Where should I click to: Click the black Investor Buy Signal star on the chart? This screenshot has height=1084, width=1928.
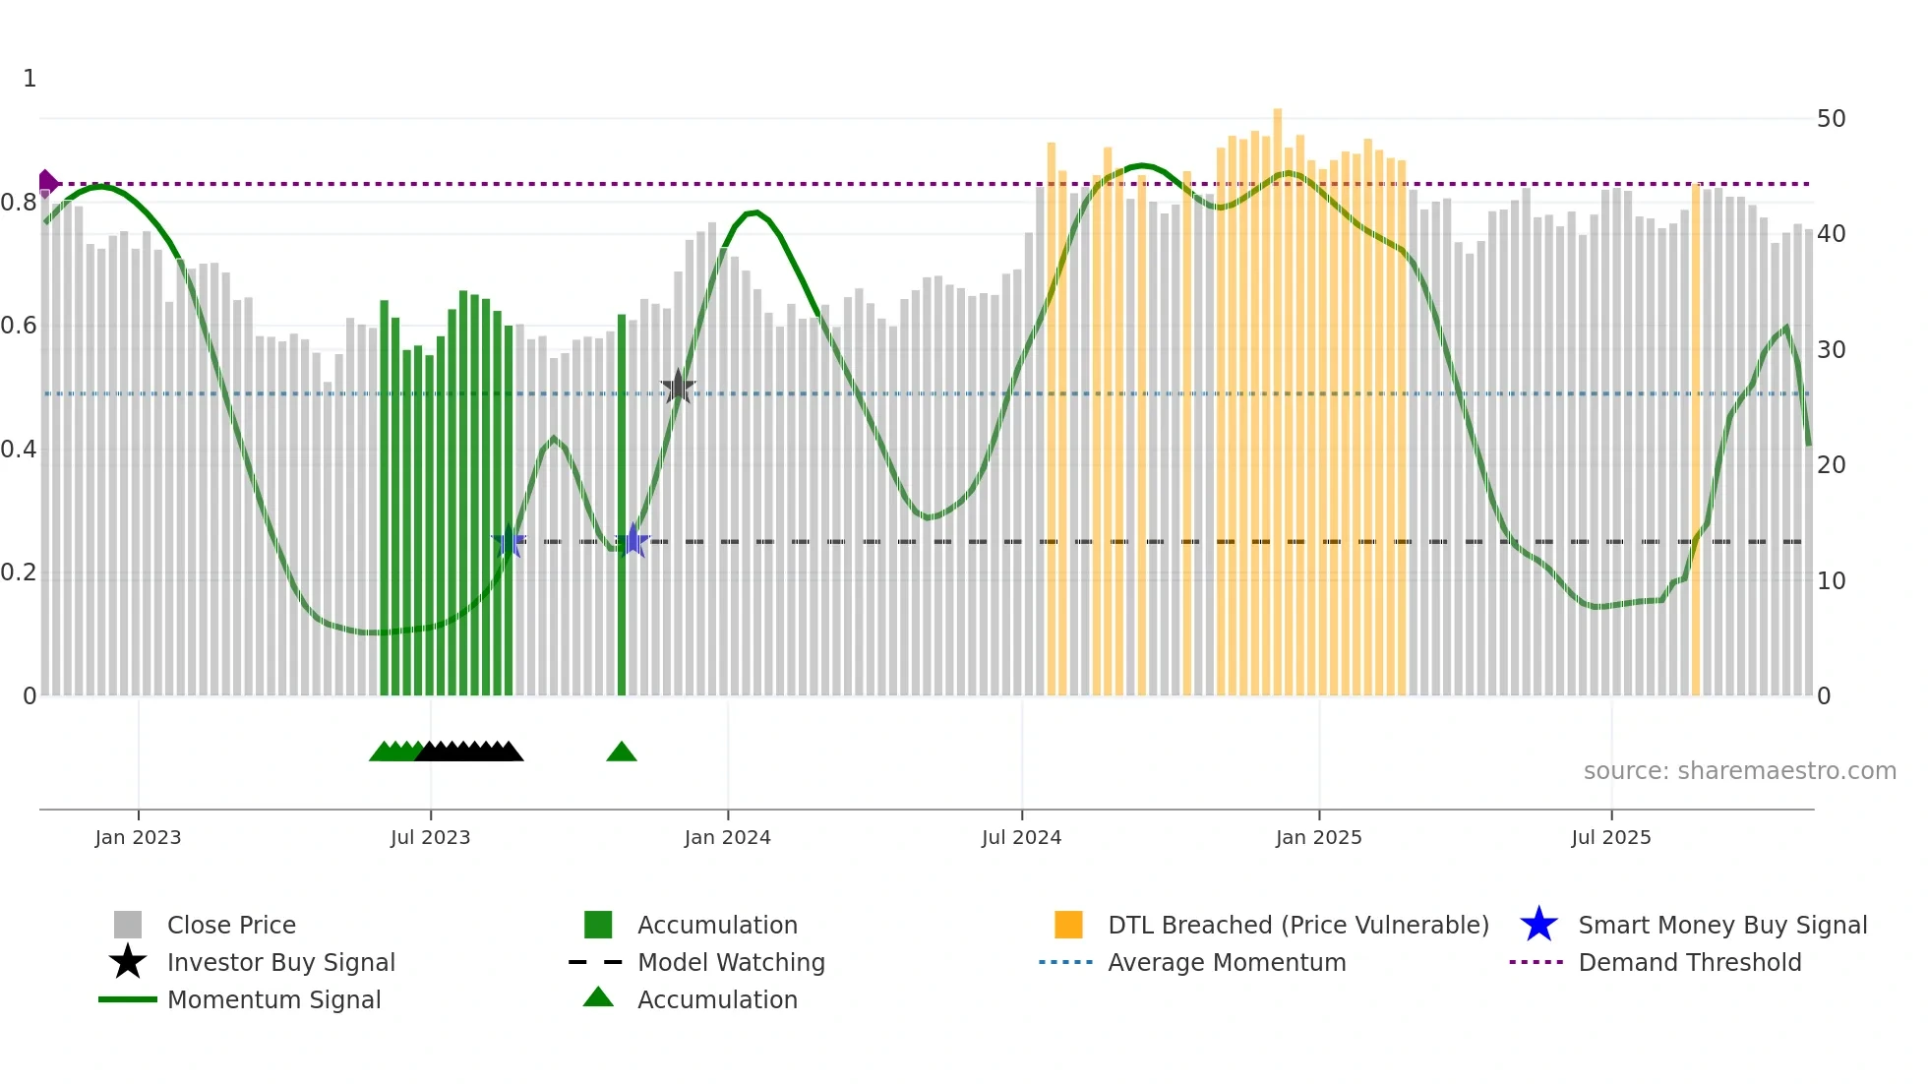[x=678, y=388]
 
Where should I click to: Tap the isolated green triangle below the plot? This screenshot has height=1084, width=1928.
[x=622, y=753]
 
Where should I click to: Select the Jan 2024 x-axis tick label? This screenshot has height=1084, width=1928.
[x=727, y=837]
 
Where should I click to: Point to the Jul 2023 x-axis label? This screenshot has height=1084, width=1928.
[x=430, y=837]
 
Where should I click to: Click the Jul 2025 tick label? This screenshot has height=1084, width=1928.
[x=1610, y=837]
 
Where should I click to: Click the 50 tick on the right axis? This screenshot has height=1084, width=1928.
[x=1831, y=119]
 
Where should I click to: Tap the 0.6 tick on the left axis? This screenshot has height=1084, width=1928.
[x=19, y=326]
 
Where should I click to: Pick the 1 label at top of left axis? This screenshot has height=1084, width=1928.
[x=30, y=79]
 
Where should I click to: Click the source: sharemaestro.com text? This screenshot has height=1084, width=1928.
[x=1739, y=771]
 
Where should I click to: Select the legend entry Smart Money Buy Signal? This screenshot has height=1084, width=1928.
[x=1721, y=925]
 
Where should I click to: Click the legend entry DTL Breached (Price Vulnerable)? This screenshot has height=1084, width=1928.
[x=1297, y=925]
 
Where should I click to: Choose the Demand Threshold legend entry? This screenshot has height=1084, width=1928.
[x=1689, y=962]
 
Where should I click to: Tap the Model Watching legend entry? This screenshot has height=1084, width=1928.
[x=730, y=962]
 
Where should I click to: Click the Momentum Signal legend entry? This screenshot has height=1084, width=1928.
[x=273, y=999]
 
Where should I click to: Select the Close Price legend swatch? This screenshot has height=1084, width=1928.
[x=128, y=925]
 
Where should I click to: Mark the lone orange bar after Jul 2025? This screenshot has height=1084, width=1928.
[x=1696, y=443]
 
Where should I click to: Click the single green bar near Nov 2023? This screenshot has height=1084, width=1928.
[x=622, y=492]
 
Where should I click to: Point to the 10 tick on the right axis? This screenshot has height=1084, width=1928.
[x=1831, y=581]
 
